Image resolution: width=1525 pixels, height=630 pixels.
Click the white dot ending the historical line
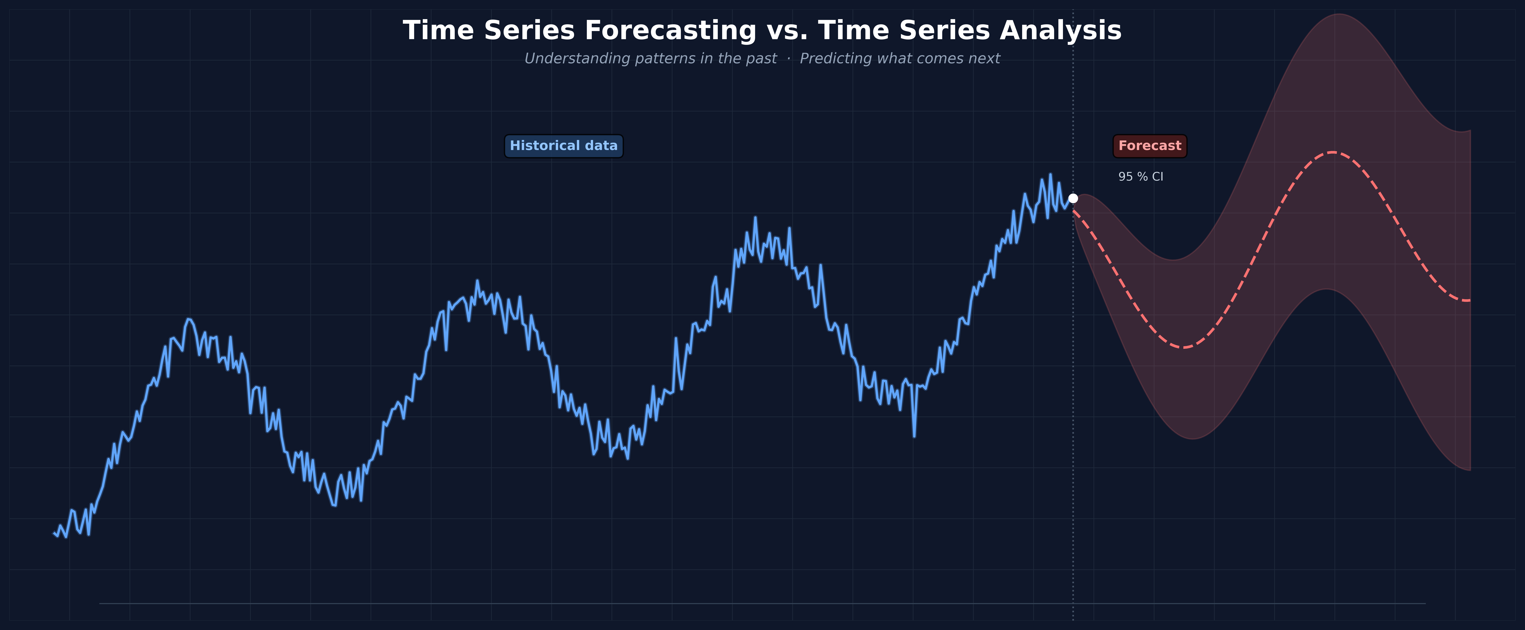point(1073,198)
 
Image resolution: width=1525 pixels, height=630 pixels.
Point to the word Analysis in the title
point(1060,31)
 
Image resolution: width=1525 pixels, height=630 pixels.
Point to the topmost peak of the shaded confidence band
point(1338,14)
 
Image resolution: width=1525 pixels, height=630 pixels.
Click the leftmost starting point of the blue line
point(54,533)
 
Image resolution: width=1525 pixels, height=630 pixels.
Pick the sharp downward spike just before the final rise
point(914,436)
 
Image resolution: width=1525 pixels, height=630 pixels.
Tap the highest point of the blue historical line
point(1050,174)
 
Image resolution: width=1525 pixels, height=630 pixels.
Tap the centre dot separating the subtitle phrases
point(789,59)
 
